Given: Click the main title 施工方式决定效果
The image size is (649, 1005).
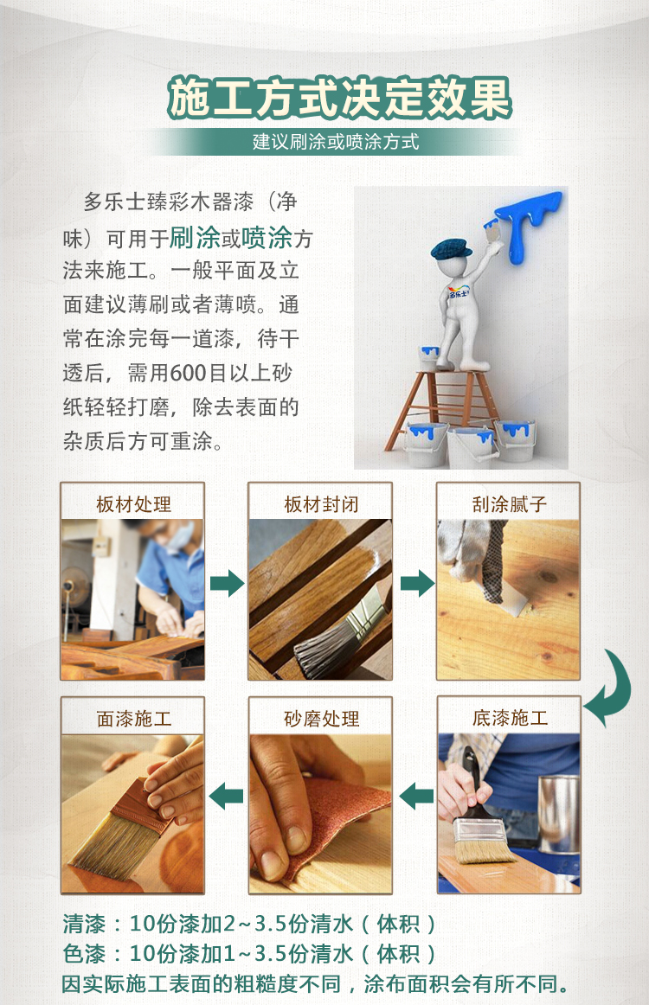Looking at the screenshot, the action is [x=339, y=98].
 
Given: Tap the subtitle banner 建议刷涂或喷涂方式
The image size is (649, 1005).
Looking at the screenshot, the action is [x=336, y=142].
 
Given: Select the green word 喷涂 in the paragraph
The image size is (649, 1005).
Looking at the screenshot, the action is [x=267, y=238].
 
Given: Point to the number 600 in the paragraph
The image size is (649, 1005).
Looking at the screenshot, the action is [x=189, y=373].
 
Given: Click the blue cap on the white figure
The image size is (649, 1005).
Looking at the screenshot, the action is [x=451, y=249].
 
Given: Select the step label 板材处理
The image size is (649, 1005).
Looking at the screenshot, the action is [x=133, y=504].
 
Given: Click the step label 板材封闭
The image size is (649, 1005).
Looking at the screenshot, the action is [x=321, y=504].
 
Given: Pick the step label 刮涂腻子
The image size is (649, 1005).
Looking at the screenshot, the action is [x=509, y=504].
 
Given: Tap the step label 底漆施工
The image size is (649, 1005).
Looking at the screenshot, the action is [x=510, y=718].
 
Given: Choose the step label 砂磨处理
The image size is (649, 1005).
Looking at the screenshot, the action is [x=321, y=719].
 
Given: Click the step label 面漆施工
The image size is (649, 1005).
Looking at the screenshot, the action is [x=133, y=719].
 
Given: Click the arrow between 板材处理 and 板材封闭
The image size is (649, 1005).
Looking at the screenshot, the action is [x=227, y=583].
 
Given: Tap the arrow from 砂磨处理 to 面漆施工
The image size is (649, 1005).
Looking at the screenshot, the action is [x=227, y=796].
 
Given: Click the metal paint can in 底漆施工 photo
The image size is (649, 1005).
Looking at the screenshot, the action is [x=559, y=814].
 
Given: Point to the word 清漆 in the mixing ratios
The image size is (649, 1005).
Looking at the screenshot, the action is [x=84, y=924].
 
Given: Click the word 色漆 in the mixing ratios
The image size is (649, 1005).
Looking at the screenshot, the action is [x=84, y=953].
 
